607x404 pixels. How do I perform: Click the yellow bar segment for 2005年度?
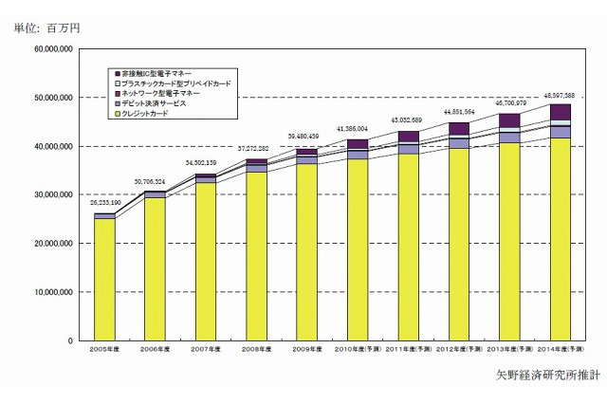pyautogui.click(x=104, y=279)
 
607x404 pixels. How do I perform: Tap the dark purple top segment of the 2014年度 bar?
pyautogui.click(x=560, y=112)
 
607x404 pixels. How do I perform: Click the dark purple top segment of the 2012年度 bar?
pyautogui.click(x=459, y=128)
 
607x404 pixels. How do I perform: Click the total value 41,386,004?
pyautogui.click(x=358, y=128)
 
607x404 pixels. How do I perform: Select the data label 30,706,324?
pyautogui.click(x=155, y=181)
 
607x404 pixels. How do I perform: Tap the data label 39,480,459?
pyautogui.click(x=306, y=137)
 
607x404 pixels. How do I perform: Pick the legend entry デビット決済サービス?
pyautogui.click(x=153, y=103)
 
